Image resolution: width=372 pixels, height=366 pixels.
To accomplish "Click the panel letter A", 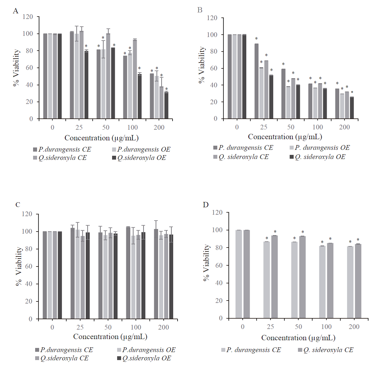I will coord(16,11).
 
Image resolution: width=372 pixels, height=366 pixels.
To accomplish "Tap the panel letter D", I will coord(206,205).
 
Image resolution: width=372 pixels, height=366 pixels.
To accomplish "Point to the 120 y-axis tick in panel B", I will coord(212,18).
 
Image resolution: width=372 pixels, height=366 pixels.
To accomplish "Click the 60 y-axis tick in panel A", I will coord(29,68).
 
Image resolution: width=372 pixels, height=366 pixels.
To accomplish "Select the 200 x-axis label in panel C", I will coord(163,327).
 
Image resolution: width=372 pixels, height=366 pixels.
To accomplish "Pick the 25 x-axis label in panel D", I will coord(270,327).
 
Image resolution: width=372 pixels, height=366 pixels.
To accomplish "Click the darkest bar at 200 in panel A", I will coord(166,105).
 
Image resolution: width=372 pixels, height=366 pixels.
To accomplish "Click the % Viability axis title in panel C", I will coord(19,267).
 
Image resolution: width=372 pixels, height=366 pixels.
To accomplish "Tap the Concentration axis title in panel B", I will coord(285,137).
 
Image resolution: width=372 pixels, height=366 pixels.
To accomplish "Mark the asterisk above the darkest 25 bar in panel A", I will coord(86,46).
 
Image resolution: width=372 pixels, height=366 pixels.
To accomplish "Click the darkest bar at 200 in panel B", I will coord(352,107).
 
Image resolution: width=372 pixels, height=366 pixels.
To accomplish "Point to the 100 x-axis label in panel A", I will coord(132,128).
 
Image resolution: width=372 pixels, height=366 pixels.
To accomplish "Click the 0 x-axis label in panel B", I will coord(237,127).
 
